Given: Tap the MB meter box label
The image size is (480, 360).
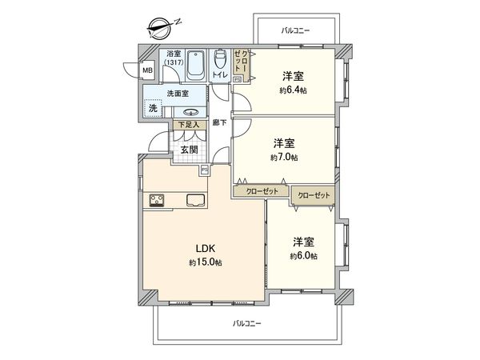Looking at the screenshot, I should coord(147,70).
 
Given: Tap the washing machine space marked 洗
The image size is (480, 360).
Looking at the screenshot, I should coord(152,108).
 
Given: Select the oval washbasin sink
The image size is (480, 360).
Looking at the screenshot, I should coord(192,111).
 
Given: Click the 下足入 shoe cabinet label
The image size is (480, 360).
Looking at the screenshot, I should coord(187,126).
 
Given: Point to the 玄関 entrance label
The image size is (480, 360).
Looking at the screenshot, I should coord(189,150).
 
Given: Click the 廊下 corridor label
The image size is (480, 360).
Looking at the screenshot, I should coord(221,122).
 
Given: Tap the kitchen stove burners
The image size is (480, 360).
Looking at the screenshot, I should coord(157,200).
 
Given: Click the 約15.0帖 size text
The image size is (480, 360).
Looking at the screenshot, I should coord(206,262).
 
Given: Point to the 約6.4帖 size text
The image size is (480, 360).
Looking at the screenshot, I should coord(293,90).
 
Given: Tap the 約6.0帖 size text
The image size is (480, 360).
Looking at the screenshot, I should coord(303,256).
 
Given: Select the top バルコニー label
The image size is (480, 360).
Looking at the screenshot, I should coord(295,30).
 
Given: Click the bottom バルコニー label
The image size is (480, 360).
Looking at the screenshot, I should coord(247,323).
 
